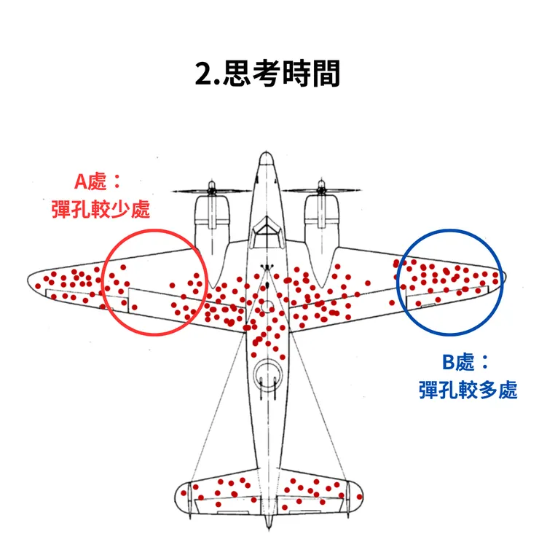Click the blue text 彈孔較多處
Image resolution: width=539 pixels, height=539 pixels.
468,390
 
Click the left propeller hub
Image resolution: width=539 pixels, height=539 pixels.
211,190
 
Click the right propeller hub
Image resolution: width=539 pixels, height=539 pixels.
321,190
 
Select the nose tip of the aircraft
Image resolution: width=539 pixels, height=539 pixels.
267,154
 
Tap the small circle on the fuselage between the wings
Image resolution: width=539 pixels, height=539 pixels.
267,309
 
